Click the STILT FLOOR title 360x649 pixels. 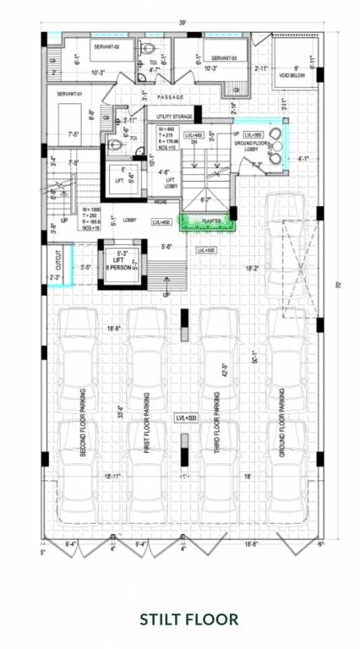[x=177, y=618]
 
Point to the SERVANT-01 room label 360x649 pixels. [x=63, y=94]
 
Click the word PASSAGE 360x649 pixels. [x=170, y=97]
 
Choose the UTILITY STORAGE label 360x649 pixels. [x=174, y=116]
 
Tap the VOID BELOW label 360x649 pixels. [x=292, y=74]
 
